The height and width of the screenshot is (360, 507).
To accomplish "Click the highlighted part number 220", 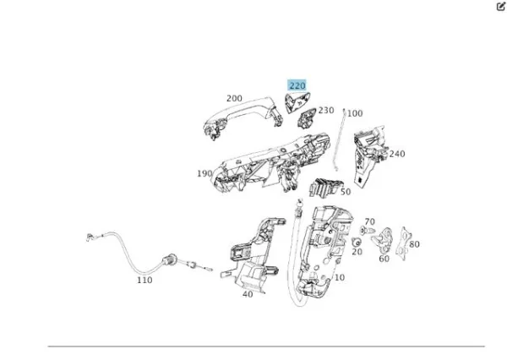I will click(297, 85).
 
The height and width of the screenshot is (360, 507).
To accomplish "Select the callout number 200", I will click(234, 99).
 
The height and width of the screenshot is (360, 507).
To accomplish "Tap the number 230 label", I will click(326, 110).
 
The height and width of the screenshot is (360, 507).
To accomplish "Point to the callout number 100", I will click(355, 112).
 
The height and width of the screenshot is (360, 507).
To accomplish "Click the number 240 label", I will click(396, 154).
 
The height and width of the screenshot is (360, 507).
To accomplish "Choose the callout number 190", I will click(204, 173).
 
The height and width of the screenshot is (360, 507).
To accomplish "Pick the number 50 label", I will click(345, 192).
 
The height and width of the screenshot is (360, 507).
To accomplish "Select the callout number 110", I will click(144, 280).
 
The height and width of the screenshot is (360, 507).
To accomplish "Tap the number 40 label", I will click(247, 294).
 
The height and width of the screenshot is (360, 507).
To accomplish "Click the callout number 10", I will click(340, 277).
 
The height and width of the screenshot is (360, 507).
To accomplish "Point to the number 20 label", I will click(357, 251).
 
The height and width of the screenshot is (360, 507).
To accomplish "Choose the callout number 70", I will click(369, 221).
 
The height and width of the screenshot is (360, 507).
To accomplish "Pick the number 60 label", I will click(384, 259).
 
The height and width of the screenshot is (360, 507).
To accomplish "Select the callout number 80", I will click(414, 244).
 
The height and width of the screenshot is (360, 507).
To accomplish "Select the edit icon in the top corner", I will click(500, 6).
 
